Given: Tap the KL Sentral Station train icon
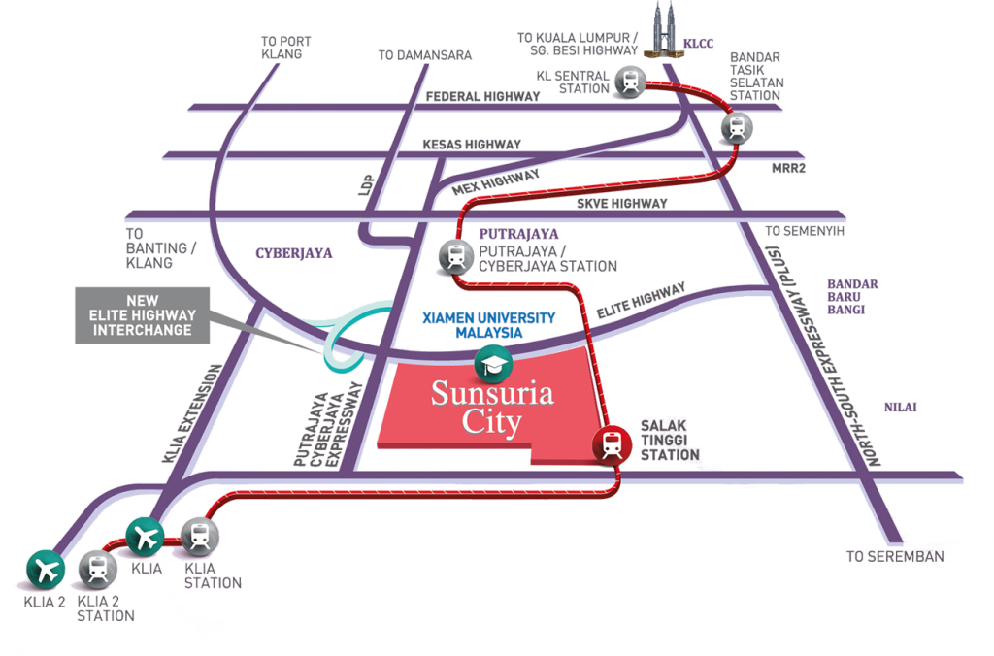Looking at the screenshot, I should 629,82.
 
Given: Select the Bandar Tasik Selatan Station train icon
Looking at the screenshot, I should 737,126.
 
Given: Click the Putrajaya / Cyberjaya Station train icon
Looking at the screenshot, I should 455,256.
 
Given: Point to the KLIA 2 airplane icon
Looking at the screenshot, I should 45,568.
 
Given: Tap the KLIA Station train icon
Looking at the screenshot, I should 200,536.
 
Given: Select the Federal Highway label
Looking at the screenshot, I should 482,96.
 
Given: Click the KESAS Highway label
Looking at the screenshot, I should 472,144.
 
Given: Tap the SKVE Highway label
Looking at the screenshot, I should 621,204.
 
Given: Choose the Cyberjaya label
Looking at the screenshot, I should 294,253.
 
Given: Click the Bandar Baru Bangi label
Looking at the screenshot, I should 852,296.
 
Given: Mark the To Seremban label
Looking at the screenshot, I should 894,556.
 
